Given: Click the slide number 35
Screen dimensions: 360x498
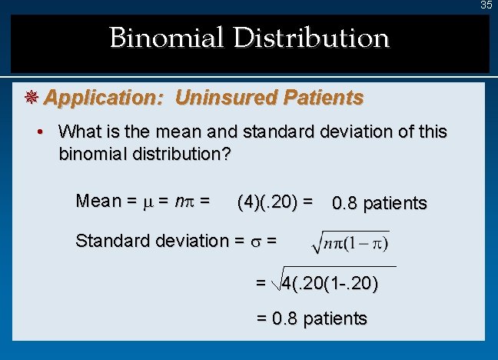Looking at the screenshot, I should point(486,5).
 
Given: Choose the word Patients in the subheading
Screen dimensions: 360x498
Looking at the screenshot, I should point(323,98).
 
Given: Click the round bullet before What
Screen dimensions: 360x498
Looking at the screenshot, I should point(45,132).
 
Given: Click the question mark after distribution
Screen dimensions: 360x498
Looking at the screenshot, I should point(226,153).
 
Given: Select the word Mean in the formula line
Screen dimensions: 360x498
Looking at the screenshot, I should point(98,201).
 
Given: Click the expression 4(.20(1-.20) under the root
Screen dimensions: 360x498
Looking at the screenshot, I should point(330,283).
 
